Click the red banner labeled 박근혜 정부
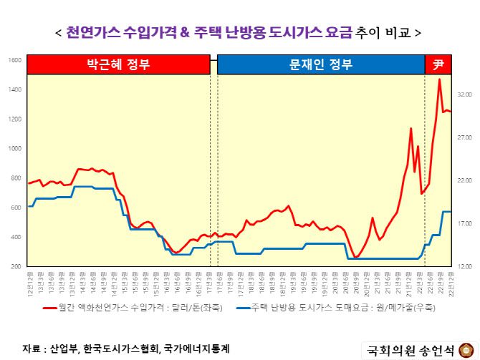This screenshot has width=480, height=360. [x=118, y=64]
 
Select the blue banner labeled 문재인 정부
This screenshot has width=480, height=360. [x=320, y=64]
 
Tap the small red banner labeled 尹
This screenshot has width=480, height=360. [x=439, y=64]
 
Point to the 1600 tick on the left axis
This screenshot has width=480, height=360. [x=14, y=60]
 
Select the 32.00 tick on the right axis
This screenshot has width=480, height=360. [x=464, y=94]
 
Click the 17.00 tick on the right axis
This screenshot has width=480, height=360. [x=464, y=223]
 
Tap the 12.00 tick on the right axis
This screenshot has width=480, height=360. [x=464, y=266]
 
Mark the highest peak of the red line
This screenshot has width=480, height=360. [x=439, y=79]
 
